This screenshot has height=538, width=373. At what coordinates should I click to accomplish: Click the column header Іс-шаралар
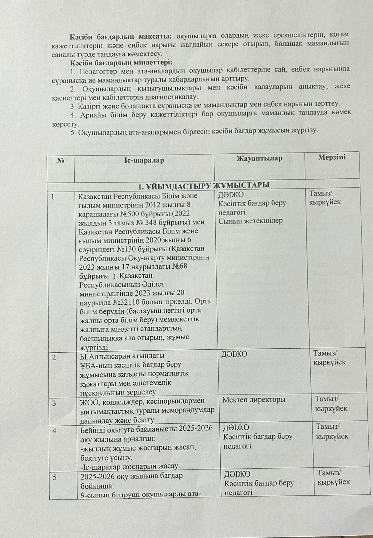click(x=144, y=160)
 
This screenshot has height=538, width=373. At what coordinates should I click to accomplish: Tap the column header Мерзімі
click(x=332, y=157)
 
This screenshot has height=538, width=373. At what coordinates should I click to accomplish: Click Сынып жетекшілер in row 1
click(x=250, y=221)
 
